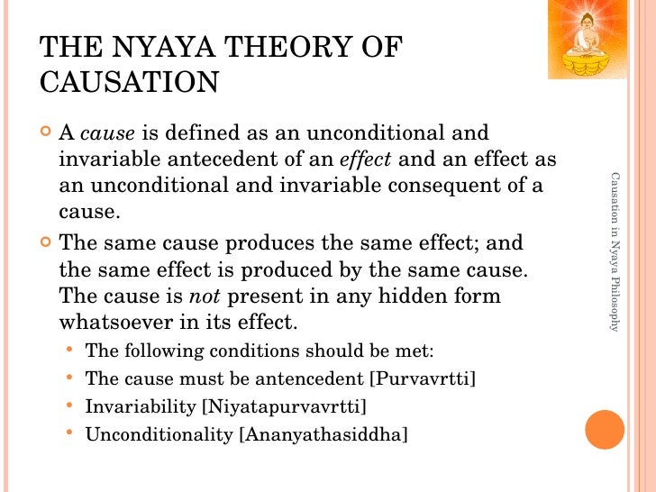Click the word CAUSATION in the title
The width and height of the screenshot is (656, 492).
[130, 83]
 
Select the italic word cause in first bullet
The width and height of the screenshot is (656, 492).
[107, 135]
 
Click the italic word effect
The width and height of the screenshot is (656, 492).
[366, 160]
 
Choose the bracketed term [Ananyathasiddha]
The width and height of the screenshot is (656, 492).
[322, 434]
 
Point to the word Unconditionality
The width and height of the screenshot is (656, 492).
[159, 434]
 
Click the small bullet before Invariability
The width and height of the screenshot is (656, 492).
[70, 405]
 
